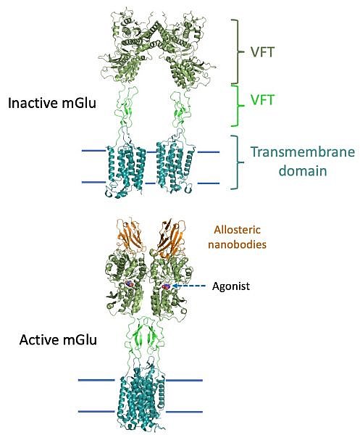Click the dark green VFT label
(x=262, y=52)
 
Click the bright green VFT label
(x=262, y=100)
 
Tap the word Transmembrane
(x=303, y=152)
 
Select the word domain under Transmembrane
(x=303, y=170)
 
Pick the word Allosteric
(x=238, y=230)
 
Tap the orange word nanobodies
(x=238, y=244)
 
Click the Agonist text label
(x=231, y=286)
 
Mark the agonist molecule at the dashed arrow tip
(x=167, y=286)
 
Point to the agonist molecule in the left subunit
(x=129, y=283)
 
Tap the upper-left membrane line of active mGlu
(x=96, y=380)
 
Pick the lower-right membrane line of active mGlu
(x=184, y=412)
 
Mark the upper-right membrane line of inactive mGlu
(x=209, y=152)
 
